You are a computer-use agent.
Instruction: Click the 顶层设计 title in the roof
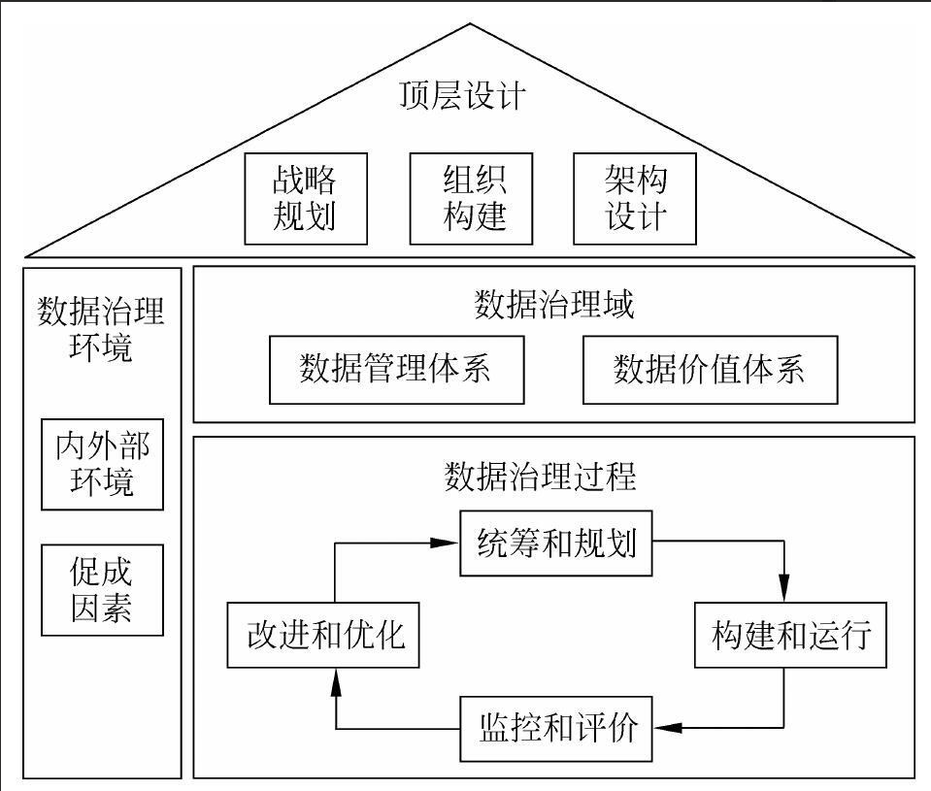point(463,97)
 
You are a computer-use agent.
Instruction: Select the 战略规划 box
point(306,198)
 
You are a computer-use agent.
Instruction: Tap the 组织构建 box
point(471,198)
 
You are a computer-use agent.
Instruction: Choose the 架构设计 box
point(636,198)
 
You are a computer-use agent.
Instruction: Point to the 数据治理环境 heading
point(101,329)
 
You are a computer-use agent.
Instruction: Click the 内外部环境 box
point(102,465)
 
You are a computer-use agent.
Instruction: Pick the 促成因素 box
point(102,591)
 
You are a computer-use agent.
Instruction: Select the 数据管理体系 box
point(397,370)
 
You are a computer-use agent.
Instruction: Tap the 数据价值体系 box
point(710,370)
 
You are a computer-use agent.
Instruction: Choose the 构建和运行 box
point(790,636)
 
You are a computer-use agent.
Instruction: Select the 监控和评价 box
point(556,727)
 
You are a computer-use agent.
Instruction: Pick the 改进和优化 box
point(323,636)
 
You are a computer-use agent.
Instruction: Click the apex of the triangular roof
point(471,22)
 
